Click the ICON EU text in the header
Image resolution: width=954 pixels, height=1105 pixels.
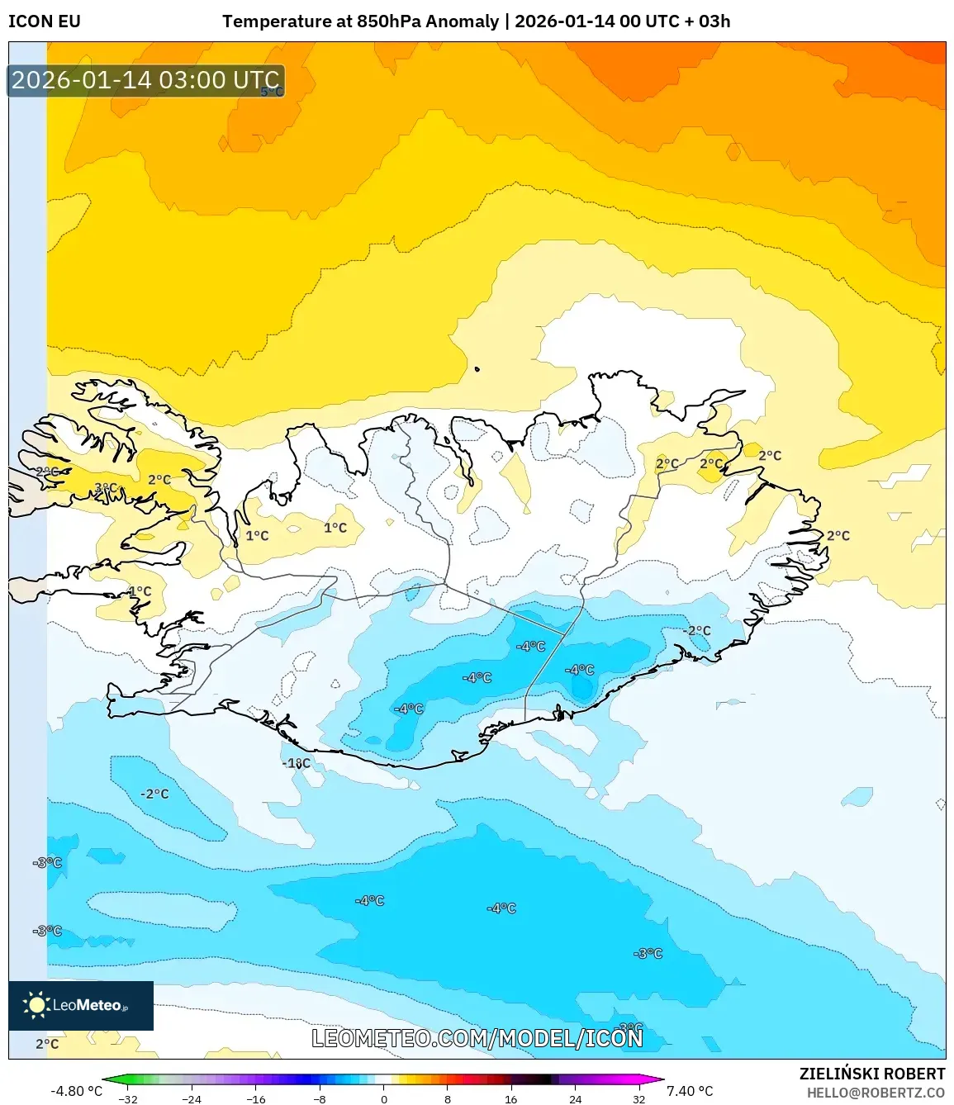45,21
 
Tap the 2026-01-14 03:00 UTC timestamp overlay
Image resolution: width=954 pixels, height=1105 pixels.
145,80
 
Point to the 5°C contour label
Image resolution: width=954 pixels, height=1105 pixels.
272,92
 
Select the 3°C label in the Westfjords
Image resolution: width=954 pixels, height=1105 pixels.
106,488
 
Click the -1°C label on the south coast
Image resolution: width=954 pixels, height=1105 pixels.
297,763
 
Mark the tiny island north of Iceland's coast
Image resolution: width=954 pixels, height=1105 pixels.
477,369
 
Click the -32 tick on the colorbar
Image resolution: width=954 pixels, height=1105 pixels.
128,1099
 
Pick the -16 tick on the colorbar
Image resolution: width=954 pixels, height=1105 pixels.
256,1099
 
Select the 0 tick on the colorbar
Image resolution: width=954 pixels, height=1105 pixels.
384,1099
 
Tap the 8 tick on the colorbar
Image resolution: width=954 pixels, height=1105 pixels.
448,1099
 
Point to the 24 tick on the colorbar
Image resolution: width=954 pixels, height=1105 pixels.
575,1099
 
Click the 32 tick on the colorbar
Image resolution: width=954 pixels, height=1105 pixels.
638,1099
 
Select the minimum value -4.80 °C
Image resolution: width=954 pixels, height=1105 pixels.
76,1091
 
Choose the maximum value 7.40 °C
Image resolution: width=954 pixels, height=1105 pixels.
690,1091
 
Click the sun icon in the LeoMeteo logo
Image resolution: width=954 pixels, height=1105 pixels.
36,1005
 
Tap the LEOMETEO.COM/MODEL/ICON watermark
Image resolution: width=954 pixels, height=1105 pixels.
477,1038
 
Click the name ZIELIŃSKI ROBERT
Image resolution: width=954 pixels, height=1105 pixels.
871,1074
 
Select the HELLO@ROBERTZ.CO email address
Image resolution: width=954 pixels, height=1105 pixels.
876,1093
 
